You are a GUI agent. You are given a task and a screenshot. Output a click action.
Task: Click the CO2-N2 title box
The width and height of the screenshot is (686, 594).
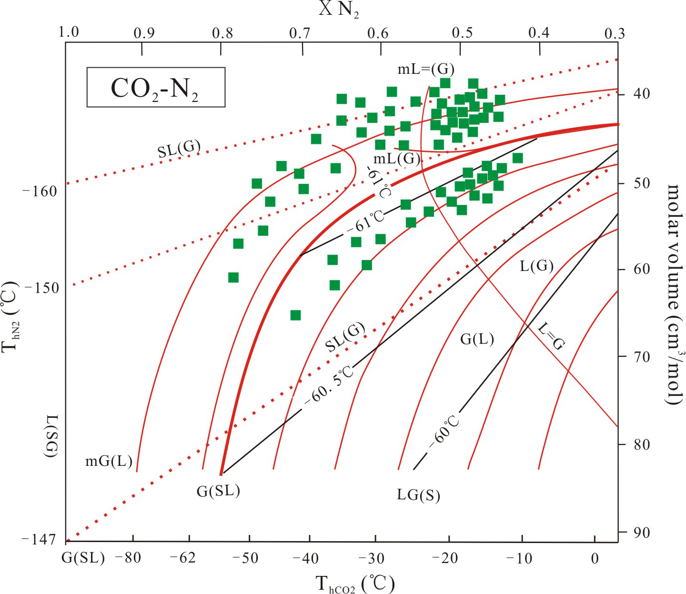click(155, 87)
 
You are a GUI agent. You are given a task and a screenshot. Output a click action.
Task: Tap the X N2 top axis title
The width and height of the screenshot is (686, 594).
click(339, 9)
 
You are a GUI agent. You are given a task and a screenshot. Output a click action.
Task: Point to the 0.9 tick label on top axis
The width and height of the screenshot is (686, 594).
click(144, 33)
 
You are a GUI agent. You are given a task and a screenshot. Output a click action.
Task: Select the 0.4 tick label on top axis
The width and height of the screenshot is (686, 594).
click(539, 32)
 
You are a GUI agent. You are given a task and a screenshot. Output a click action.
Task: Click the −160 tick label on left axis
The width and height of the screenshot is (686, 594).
click(40, 191)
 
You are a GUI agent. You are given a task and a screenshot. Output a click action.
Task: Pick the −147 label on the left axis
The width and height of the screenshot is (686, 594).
click(39, 539)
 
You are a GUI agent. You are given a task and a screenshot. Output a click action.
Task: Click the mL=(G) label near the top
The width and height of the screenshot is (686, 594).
click(426, 70)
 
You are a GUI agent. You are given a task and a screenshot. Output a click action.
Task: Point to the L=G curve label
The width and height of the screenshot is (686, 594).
click(551, 335)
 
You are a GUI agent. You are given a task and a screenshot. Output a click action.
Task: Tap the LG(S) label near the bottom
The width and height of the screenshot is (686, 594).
click(418, 495)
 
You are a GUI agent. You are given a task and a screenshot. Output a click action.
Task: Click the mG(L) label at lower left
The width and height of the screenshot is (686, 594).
click(109, 461)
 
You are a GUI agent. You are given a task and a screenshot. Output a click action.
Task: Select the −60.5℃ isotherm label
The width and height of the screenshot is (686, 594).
click(329, 385)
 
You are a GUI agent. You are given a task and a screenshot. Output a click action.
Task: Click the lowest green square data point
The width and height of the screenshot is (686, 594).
click(295, 315)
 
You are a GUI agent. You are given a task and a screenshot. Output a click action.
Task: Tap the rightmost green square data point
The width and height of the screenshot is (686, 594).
click(518, 158)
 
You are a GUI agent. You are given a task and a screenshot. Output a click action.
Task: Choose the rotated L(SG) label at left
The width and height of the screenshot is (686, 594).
click(51, 436)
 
